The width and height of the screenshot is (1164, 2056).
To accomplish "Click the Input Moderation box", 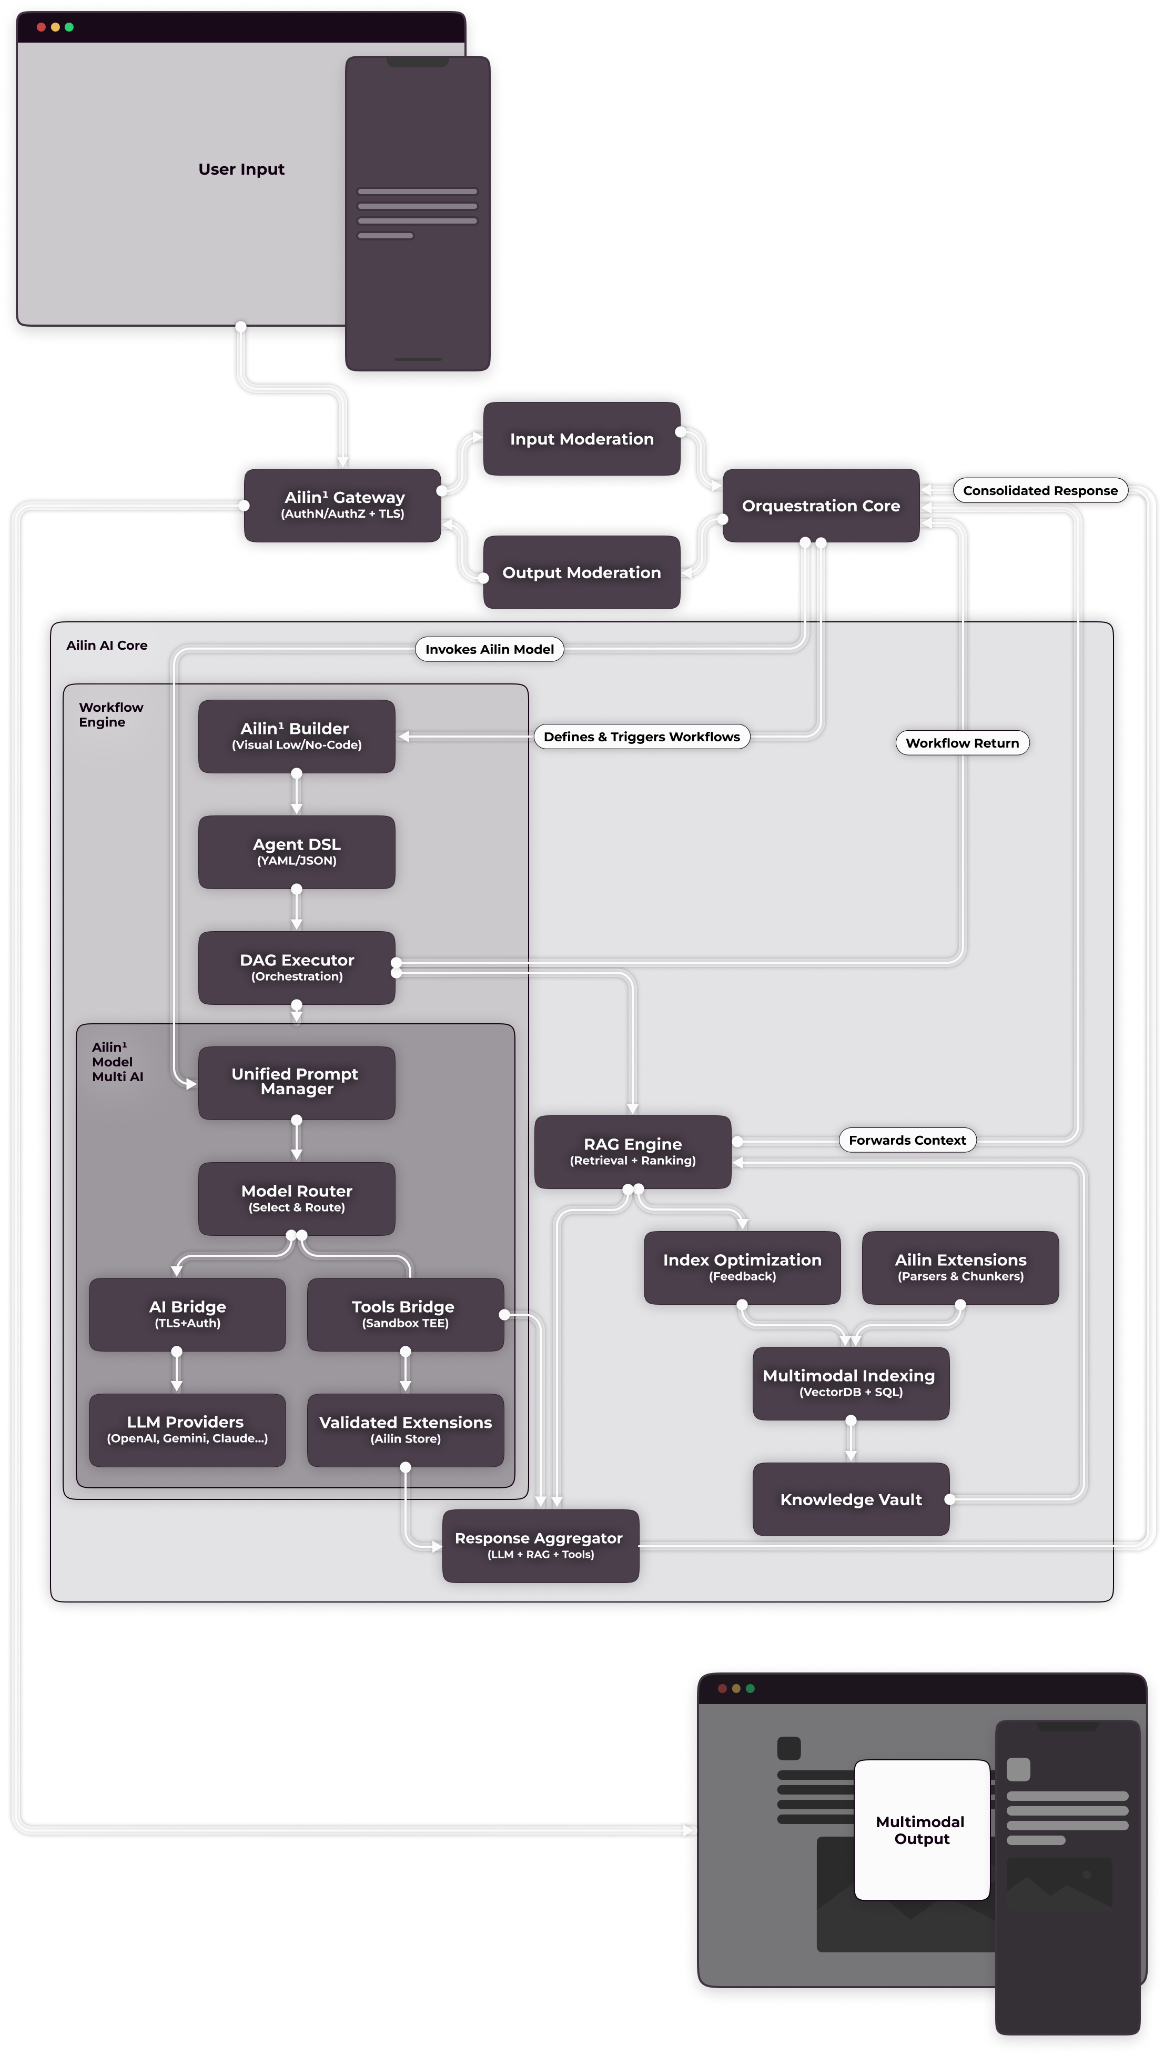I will pos(581,439).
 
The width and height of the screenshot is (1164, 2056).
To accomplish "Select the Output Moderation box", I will pos(581,572).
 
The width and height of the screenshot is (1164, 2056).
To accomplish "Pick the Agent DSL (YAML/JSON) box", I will pos(297,851).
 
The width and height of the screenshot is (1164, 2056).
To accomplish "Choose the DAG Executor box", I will pos(297,967).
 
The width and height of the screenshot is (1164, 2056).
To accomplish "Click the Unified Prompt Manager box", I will pos(297,1082).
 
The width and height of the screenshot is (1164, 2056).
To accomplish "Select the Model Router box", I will pos(297,1198).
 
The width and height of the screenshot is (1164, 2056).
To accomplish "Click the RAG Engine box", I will pos(632,1151).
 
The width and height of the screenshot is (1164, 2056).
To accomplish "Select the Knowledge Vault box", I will pos(851,1499).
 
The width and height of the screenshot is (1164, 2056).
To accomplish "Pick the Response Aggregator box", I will pos(540,1545).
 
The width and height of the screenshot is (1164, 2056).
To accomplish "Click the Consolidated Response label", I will pos(1039,490).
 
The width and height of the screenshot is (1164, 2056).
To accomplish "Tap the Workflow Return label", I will pos(961,743).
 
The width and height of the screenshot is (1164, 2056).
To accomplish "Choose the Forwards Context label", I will pos(907,1140).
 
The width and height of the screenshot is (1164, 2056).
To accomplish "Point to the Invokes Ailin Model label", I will pos(489,649).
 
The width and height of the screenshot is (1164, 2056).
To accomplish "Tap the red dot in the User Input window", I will pos(41,27).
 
